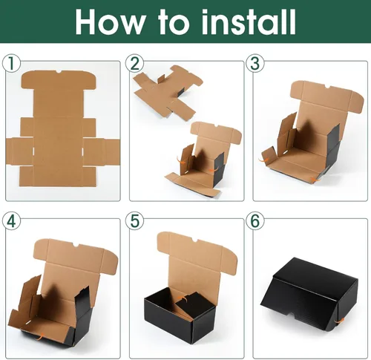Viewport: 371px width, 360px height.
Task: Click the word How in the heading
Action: (x=110, y=22)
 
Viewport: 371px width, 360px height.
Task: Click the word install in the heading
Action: (x=249, y=22)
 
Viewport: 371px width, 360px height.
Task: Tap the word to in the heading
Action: (x=174, y=22)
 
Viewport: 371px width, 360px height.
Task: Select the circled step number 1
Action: (x=11, y=64)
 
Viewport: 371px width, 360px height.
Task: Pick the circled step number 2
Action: (x=134, y=64)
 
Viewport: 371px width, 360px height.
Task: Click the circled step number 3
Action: (x=255, y=63)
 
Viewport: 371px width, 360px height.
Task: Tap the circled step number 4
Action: (x=11, y=221)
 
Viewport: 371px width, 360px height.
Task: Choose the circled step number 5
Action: (x=134, y=221)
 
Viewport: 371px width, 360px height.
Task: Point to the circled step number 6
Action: (x=255, y=220)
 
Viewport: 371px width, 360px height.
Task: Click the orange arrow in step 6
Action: (x=339, y=321)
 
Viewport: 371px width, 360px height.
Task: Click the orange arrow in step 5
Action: (x=183, y=297)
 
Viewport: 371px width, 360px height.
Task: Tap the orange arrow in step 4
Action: (x=40, y=336)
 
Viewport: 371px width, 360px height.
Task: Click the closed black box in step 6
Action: (x=309, y=295)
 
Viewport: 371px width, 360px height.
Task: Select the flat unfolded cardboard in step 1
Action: (x=63, y=128)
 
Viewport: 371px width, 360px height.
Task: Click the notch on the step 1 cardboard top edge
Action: (x=59, y=72)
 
